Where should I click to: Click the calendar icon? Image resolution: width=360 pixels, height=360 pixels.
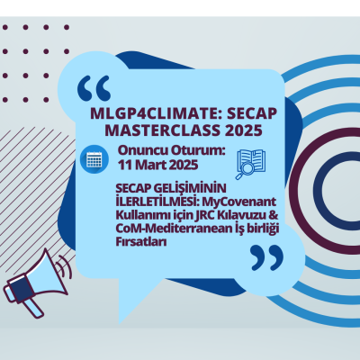click(92, 159)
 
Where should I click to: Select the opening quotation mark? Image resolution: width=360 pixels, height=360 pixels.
click(94, 88)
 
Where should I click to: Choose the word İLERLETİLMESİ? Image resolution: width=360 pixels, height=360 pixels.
click(155, 202)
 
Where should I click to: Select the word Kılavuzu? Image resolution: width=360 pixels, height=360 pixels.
click(236, 216)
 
